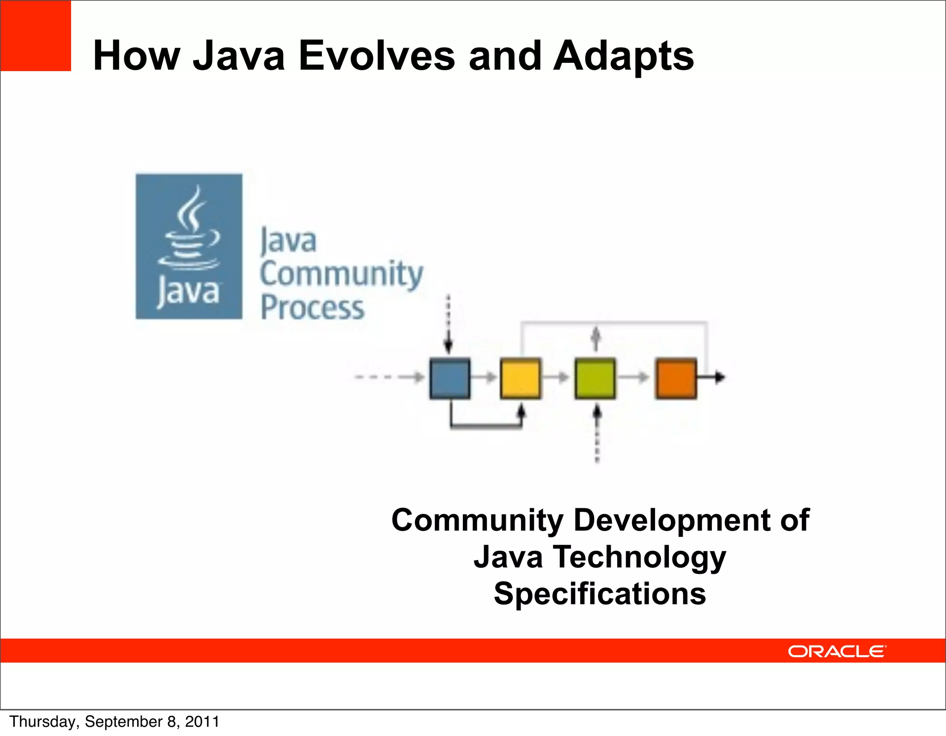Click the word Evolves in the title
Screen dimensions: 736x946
376,56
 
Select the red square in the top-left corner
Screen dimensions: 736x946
36,36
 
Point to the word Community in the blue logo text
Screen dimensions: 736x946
341,274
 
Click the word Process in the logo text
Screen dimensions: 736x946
312,308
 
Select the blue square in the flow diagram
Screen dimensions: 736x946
449,378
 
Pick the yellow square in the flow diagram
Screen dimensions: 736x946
521,378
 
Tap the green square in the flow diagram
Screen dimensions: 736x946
595,378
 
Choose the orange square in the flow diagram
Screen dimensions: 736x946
676,378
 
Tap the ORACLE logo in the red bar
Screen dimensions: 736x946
837,651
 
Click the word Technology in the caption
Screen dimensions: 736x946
640,557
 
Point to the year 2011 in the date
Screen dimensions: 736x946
202,722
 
